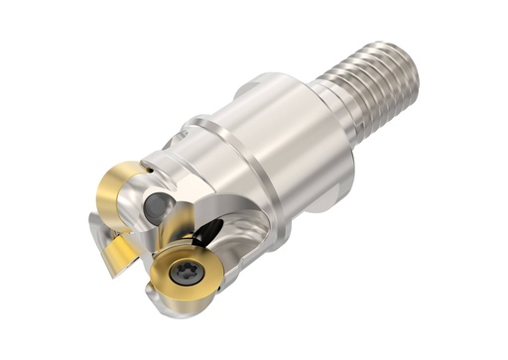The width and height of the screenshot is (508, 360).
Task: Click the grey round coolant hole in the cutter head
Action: point(158,208)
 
